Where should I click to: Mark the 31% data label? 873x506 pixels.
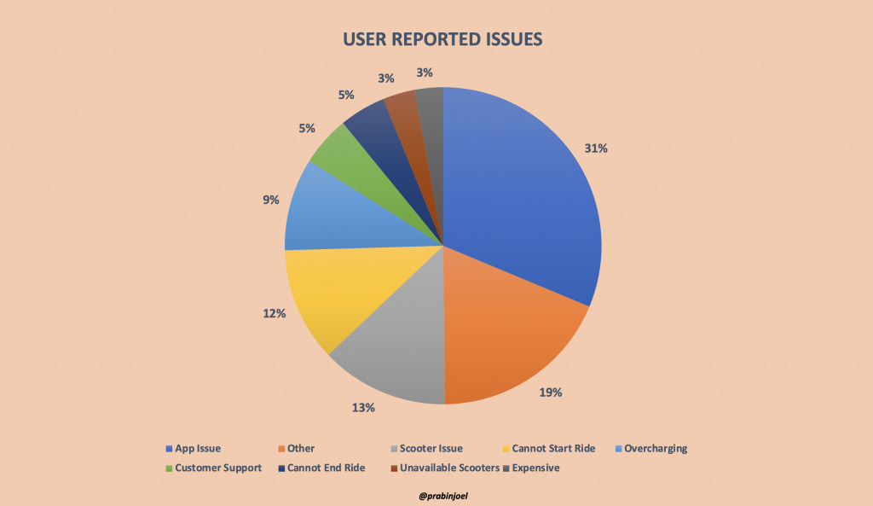[x=596, y=148]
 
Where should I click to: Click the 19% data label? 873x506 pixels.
[x=550, y=393]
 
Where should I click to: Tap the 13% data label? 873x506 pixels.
[x=363, y=407]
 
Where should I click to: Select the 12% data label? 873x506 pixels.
[x=274, y=313]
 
